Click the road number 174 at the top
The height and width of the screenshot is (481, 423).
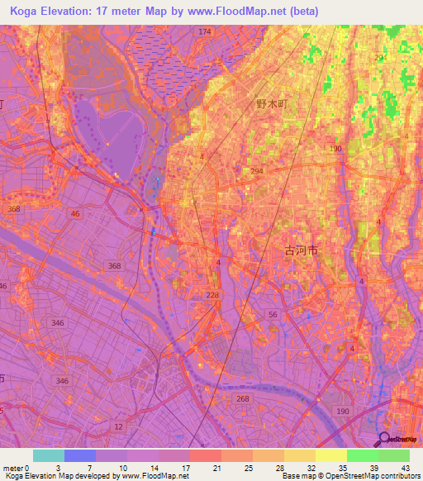204,31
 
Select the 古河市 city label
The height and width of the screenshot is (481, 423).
301,249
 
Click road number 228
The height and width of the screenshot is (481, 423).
212,295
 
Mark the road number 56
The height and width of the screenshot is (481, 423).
272,315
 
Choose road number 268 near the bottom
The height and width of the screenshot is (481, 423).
241,398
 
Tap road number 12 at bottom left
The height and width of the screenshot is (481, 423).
119,426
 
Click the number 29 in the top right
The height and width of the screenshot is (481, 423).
379,58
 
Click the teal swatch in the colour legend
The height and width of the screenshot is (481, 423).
49,455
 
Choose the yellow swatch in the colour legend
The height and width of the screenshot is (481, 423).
330,455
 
